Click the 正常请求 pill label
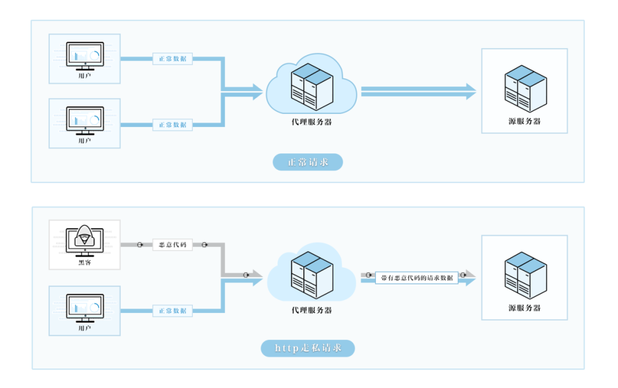308,162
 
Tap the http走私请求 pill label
308,349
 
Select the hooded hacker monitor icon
85,239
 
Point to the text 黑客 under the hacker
85,263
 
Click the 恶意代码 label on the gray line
172,245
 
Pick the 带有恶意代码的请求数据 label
417,278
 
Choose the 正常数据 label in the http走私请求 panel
172,311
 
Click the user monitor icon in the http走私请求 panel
85,307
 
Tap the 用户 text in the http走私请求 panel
85,328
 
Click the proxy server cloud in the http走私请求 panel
311,274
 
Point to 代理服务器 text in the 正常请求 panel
311,122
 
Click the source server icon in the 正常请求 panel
525,88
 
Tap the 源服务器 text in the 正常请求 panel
525,121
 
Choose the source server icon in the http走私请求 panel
525,275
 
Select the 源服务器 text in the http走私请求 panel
525,308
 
